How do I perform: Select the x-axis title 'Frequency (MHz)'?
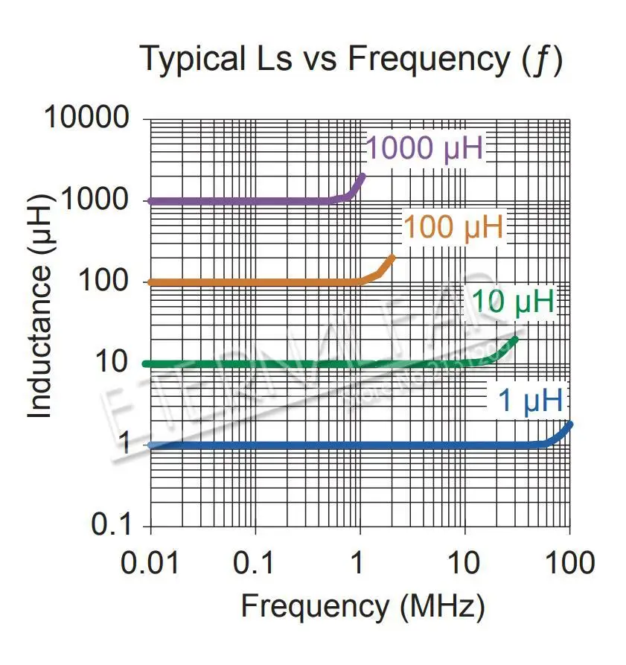[x=362, y=606]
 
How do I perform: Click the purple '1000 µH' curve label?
[x=425, y=149]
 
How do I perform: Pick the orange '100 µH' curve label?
[x=454, y=227]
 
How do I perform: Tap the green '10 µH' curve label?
[x=513, y=302]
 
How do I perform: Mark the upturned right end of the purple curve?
[x=362, y=176]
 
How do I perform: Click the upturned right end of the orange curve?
[x=392, y=258]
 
